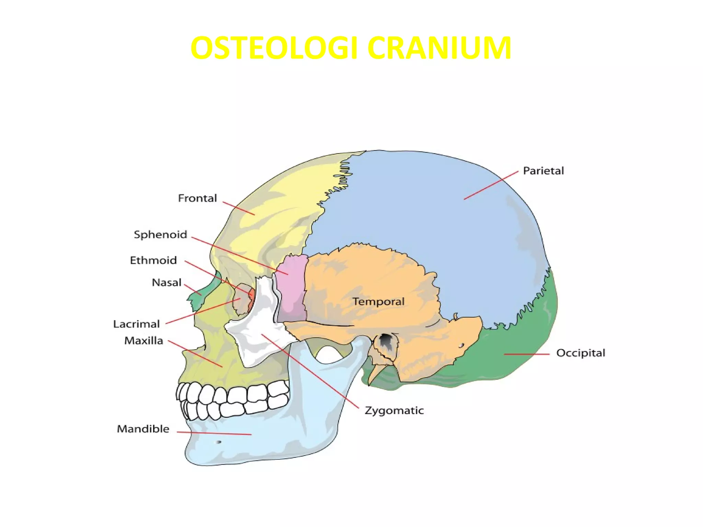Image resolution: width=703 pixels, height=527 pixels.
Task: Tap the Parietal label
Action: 543,171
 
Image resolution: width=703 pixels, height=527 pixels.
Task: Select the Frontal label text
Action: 197,198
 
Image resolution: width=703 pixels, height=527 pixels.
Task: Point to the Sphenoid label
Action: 160,235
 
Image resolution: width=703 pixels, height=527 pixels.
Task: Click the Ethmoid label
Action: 153,260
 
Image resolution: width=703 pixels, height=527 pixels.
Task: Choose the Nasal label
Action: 166,283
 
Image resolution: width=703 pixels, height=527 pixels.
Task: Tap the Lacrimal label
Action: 136,324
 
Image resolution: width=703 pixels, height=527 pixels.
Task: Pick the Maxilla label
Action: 143,341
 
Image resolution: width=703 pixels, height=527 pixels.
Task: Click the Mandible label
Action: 143,429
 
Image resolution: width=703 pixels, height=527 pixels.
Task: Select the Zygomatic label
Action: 394,411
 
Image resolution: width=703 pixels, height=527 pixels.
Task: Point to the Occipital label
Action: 580,353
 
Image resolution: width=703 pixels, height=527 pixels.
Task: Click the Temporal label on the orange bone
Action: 378,302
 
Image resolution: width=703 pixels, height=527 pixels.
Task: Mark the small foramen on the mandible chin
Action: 218,442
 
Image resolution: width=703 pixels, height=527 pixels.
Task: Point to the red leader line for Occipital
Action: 527,354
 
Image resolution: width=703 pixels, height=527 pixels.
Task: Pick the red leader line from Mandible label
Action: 214,433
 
